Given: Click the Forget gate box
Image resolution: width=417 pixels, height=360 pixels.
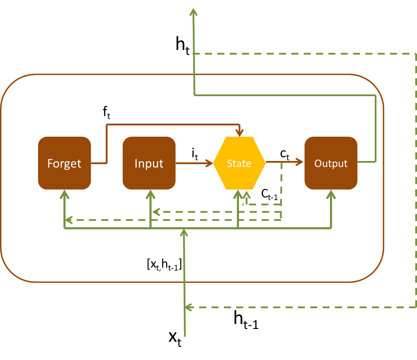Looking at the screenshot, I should (x=65, y=163).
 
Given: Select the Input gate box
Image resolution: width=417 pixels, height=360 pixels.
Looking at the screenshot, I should (x=149, y=163).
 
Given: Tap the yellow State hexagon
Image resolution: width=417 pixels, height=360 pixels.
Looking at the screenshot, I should (x=239, y=163).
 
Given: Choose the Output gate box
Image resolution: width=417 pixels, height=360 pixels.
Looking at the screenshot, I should (x=331, y=163).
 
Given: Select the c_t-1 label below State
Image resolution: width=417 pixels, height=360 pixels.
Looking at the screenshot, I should (x=269, y=194).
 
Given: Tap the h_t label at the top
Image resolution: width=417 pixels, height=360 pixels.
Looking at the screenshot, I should (x=183, y=46).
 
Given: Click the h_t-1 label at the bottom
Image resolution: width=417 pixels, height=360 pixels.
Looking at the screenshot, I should (x=246, y=320).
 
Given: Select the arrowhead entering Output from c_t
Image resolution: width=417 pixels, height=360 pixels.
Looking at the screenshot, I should (x=300, y=162).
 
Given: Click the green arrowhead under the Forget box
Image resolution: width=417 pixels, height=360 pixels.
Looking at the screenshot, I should (x=64, y=194).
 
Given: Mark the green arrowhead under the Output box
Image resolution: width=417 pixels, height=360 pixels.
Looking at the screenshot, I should (x=331, y=194).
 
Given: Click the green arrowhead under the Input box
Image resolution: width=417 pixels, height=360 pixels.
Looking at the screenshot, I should (x=151, y=194).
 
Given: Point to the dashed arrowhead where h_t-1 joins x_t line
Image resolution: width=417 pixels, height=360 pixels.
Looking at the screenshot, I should (x=189, y=307).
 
